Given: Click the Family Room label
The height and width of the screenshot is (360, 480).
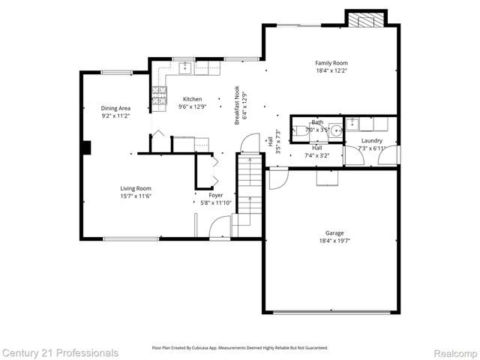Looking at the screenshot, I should click(x=331, y=63).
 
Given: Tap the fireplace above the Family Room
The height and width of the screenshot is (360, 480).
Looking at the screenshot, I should click(x=365, y=20).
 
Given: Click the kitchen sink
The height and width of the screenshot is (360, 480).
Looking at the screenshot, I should click(x=184, y=69).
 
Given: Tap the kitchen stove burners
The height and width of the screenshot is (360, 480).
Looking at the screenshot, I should click(x=159, y=94).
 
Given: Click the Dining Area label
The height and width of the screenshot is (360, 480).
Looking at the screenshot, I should click(x=116, y=108).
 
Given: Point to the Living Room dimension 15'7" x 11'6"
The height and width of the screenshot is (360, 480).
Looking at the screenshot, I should click(x=136, y=196).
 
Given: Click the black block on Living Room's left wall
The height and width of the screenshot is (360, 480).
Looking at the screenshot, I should click(x=87, y=147).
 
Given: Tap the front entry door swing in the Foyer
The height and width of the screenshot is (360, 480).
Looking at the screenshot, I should click(x=220, y=227).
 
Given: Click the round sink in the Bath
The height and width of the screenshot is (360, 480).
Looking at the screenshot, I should click(x=335, y=130).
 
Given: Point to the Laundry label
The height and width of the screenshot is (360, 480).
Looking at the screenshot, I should click(x=371, y=140).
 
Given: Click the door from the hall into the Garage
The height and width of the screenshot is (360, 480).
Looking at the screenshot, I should click(x=277, y=178).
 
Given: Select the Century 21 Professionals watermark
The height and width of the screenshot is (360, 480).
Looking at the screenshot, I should click(x=60, y=352).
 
